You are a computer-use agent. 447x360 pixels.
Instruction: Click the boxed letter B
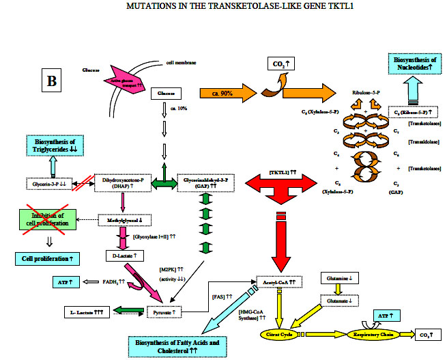pyautogui.click(x=52, y=79)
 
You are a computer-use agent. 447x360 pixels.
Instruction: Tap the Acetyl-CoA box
pyautogui.click(x=277, y=281)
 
